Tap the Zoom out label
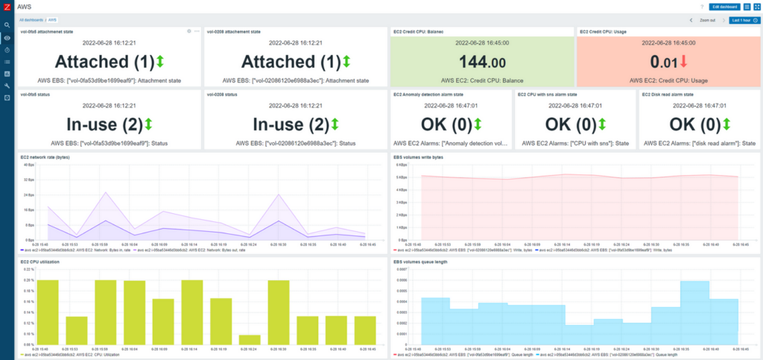(708, 20)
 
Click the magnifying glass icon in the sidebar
(7, 25)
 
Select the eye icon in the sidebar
(7, 37)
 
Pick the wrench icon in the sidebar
(7, 86)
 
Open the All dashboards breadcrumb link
(30, 20)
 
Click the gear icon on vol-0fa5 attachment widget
(189, 31)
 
